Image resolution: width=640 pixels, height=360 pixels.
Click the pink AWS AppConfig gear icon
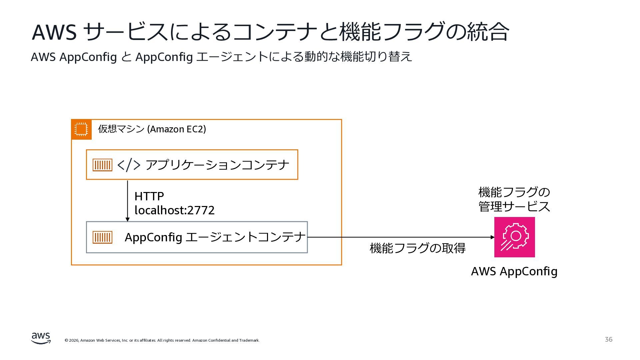(514, 237)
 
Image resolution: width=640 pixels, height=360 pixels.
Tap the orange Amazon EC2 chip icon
(81, 129)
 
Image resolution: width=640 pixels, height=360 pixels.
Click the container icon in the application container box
(102, 165)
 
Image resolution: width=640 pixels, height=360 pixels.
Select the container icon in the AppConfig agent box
(102, 237)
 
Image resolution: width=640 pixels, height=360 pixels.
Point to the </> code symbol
(129, 165)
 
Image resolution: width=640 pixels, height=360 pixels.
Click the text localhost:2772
(174, 210)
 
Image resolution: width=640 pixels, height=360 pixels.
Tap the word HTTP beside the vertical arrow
(149, 196)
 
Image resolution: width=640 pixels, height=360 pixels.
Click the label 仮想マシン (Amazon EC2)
(152, 129)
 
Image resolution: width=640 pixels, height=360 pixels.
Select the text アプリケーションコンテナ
(217, 165)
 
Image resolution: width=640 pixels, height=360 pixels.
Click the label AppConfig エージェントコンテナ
(215, 237)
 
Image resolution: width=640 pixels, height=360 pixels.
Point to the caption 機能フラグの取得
(417, 248)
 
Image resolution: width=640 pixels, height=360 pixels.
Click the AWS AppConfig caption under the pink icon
(514, 271)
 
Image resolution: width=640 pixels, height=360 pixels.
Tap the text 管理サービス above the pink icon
(514, 207)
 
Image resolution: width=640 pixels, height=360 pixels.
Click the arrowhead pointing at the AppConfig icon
(492, 237)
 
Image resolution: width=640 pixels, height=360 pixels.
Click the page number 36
(608, 339)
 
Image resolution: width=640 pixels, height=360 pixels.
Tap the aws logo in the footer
(41, 338)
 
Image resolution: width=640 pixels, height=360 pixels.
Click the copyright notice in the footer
(162, 340)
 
